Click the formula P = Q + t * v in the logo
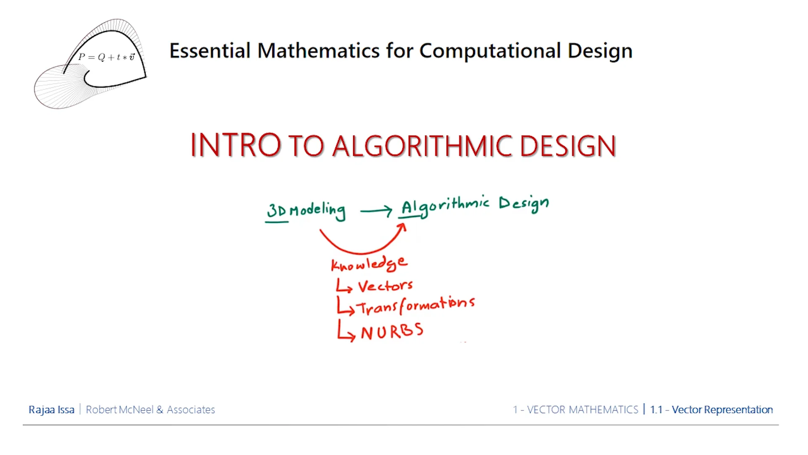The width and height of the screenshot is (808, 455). pyautogui.click(x=106, y=57)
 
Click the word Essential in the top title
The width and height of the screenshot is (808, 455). pyautogui.click(x=210, y=51)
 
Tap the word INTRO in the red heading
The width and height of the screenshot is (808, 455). pyautogui.click(x=235, y=145)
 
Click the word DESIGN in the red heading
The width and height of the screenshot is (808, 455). pyautogui.click(x=568, y=146)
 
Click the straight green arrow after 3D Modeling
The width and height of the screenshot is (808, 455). pyautogui.click(x=376, y=211)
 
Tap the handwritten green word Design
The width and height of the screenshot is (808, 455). pyautogui.click(x=524, y=204)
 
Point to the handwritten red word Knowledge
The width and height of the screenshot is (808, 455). pyautogui.click(x=369, y=264)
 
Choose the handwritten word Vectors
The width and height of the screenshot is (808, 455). pyautogui.click(x=385, y=286)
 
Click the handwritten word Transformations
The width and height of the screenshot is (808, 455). pyautogui.click(x=416, y=305)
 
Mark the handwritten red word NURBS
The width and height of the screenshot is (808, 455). pyautogui.click(x=392, y=332)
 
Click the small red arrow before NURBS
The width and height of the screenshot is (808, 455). pyautogui.click(x=346, y=332)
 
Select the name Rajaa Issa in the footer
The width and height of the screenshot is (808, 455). pyautogui.click(x=51, y=409)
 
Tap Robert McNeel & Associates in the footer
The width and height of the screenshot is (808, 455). pyautogui.click(x=150, y=409)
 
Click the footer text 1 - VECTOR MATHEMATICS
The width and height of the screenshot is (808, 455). pyautogui.click(x=575, y=409)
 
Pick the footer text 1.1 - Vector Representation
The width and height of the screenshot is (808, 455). pyautogui.click(x=711, y=409)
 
